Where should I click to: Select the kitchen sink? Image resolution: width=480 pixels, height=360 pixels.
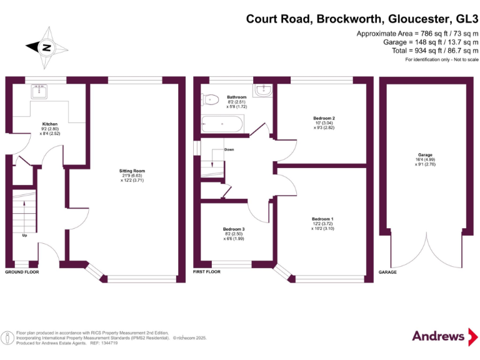(x=41, y=92)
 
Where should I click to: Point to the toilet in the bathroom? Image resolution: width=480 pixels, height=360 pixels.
(x=210, y=99)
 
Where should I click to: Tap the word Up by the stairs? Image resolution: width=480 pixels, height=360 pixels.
(x=24, y=236)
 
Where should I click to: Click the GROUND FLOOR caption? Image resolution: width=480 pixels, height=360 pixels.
(x=22, y=272)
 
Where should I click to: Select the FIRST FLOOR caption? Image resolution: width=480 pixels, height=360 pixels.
(x=207, y=272)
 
